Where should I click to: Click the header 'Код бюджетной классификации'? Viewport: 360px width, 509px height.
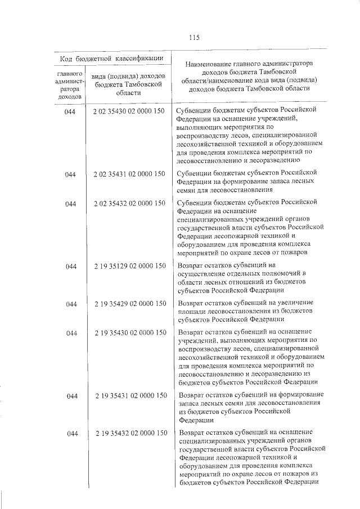tap(111, 58)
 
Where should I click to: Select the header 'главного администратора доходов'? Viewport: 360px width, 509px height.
tap(70, 85)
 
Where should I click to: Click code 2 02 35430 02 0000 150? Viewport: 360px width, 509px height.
tap(129, 111)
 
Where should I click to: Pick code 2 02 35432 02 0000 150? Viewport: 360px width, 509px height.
tap(129, 203)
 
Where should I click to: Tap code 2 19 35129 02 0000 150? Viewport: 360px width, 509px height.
tap(129, 265)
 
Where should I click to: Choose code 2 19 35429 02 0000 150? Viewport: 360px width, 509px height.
tap(129, 304)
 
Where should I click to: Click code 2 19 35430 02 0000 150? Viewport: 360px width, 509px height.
tap(129, 332)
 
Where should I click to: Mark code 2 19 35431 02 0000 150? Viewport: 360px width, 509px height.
tap(129, 395)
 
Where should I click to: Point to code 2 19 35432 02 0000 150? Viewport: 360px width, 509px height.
tap(129, 433)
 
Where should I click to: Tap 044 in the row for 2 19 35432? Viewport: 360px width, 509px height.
tap(70, 434)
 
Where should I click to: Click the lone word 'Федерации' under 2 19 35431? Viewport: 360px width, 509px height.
tap(196, 420)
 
